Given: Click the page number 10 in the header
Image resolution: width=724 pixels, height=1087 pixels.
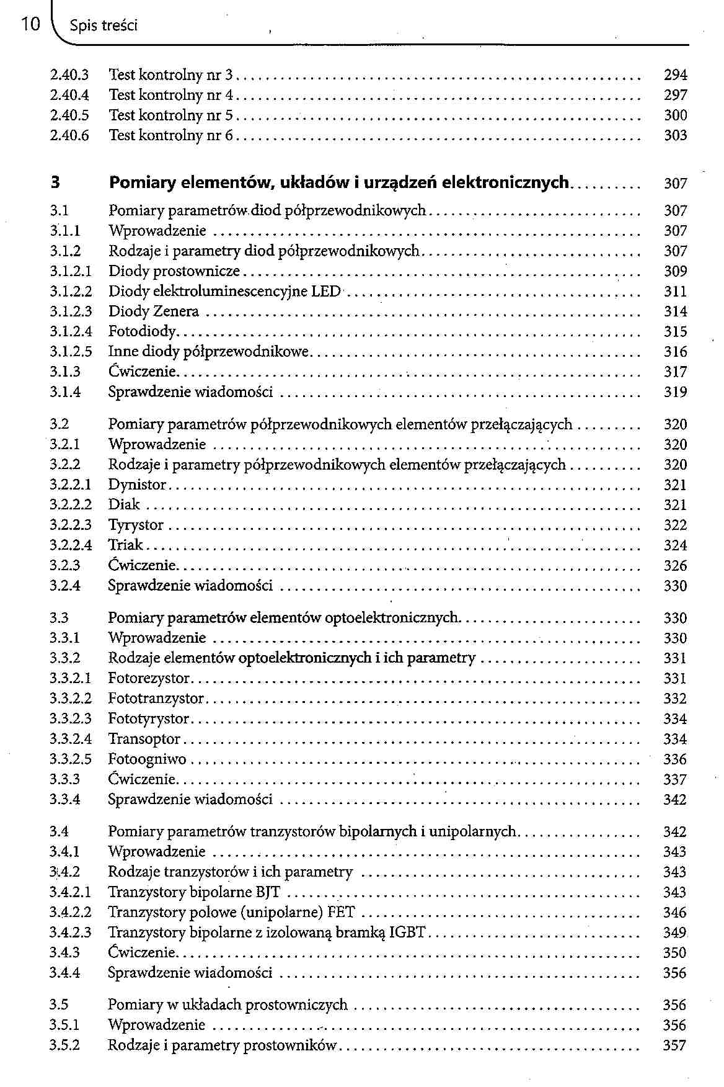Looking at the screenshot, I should click(30, 25).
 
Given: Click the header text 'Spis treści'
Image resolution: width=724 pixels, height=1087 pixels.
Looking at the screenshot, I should click(104, 26).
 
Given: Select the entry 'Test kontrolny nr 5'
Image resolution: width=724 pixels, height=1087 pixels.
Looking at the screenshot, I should click(170, 115).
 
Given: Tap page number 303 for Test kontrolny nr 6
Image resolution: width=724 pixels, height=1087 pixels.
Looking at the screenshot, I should click(675, 135).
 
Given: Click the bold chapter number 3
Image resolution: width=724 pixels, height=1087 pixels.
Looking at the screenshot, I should click(55, 183).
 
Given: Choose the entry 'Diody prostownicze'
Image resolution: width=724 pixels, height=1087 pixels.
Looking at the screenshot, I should click(174, 272).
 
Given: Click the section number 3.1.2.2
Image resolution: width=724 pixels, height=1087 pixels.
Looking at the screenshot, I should click(71, 292).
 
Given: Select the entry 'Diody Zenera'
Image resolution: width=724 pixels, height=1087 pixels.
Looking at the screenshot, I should click(154, 311).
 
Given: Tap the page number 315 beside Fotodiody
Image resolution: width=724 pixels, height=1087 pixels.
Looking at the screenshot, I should click(675, 332).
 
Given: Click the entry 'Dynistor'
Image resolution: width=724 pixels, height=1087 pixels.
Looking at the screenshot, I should click(137, 485).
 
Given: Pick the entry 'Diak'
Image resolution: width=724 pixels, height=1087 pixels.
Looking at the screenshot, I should click(124, 505).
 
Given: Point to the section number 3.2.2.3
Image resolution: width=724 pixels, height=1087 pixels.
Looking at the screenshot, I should click(71, 526).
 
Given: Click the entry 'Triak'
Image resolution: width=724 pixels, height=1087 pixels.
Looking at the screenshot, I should click(125, 545).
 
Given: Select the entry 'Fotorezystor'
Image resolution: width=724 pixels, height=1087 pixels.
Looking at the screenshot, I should click(149, 679).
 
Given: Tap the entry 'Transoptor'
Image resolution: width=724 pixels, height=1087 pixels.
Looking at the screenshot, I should click(144, 740).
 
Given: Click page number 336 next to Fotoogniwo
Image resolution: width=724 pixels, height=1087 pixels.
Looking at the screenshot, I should click(674, 759).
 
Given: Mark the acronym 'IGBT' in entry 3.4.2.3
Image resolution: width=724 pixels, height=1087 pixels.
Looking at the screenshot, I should click(407, 933).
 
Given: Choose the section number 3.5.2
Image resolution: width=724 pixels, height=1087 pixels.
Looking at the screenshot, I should click(64, 1045).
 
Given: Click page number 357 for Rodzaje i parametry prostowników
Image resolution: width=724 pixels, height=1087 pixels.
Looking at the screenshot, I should click(674, 1045).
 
